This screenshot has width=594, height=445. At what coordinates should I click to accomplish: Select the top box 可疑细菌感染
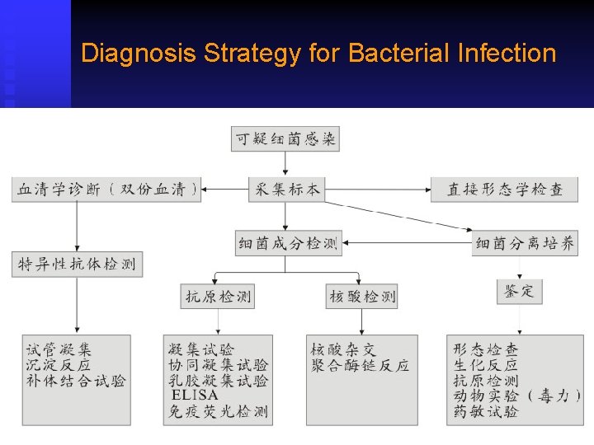click(285, 139)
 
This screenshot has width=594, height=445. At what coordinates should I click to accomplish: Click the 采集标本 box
click(285, 190)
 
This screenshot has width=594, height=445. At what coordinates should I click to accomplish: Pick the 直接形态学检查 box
click(504, 190)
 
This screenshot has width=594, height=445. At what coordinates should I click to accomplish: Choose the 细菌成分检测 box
click(288, 244)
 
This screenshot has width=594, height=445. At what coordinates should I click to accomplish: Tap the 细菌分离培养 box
click(525, 244)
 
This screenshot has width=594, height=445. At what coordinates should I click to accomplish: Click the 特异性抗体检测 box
click(77, 265)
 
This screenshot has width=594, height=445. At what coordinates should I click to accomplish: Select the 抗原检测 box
click(217, 296)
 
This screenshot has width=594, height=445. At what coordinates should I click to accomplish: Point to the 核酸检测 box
click(362, 296)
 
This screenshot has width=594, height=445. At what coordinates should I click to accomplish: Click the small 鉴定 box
click(519, 291)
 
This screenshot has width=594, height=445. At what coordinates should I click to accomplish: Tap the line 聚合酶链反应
click(360, 365)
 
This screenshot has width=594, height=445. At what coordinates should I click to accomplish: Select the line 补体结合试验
click(76, 381)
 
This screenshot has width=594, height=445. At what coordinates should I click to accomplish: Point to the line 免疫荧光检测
click(218, 411)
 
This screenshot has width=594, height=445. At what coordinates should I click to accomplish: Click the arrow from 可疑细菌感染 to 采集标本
click(285, 164)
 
